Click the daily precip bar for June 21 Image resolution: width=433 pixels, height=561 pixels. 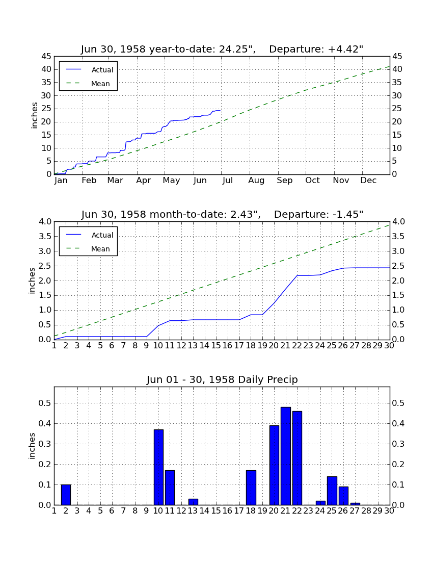[x=285, y=456]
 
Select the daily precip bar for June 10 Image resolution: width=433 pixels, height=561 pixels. [x=158, y=467]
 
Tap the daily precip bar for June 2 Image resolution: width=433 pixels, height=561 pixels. [x=66, y=495]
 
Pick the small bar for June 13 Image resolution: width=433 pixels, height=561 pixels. [x=193, y=502]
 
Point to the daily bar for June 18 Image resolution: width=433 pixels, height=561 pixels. [x=251, y=488]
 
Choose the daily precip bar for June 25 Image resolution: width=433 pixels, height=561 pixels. [x=332, y=491]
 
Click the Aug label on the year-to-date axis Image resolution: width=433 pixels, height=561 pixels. [x=257, y=181]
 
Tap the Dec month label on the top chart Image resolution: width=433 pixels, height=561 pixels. [x=368, y=181]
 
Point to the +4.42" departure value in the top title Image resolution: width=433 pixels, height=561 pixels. [x=345, y=49]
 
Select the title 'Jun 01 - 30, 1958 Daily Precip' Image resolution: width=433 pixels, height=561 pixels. [x=222, y=379]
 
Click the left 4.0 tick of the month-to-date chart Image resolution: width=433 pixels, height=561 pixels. [x=46, y=222]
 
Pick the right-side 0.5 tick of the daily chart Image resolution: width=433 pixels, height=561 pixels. [x=398, y=403]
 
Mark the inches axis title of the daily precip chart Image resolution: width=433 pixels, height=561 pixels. [x=32, y=446]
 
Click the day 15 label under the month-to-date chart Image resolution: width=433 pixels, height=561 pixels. [x=216, y=346]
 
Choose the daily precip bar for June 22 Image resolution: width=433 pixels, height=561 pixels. [x=297, y=458]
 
